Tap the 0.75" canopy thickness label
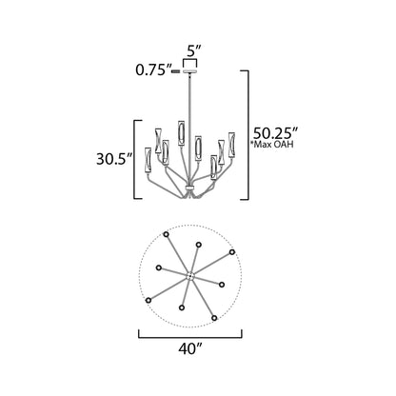point(153,69)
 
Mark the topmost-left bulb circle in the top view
point(166,233)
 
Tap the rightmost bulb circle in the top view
point(232,251)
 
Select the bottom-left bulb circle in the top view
point(148,299)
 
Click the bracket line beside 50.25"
point(249,132)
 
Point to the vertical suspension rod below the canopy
point(192,95)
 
